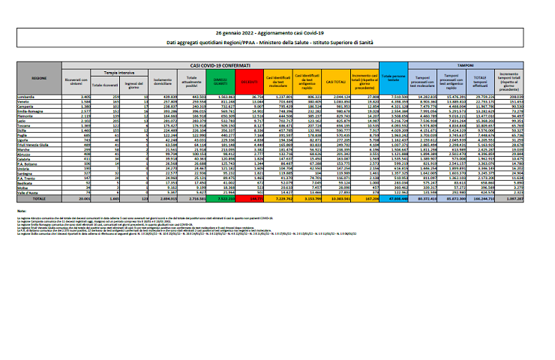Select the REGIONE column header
click(40, 77)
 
